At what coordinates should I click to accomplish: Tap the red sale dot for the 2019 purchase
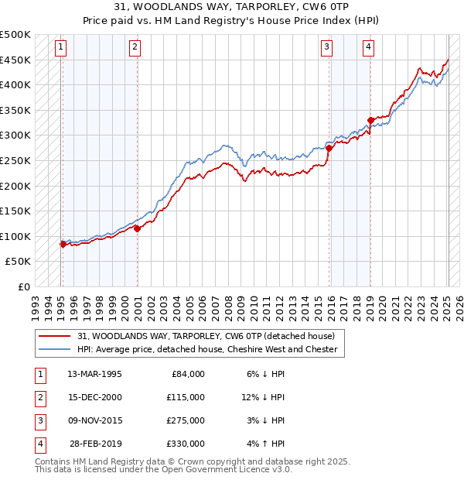370,120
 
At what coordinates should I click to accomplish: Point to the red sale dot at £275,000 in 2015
329,148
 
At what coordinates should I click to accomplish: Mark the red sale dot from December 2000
137,228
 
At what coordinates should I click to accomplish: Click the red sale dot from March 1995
63,244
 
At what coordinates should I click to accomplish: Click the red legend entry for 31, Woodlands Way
206,336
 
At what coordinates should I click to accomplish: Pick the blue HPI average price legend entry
207,349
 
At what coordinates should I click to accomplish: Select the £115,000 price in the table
185,397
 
